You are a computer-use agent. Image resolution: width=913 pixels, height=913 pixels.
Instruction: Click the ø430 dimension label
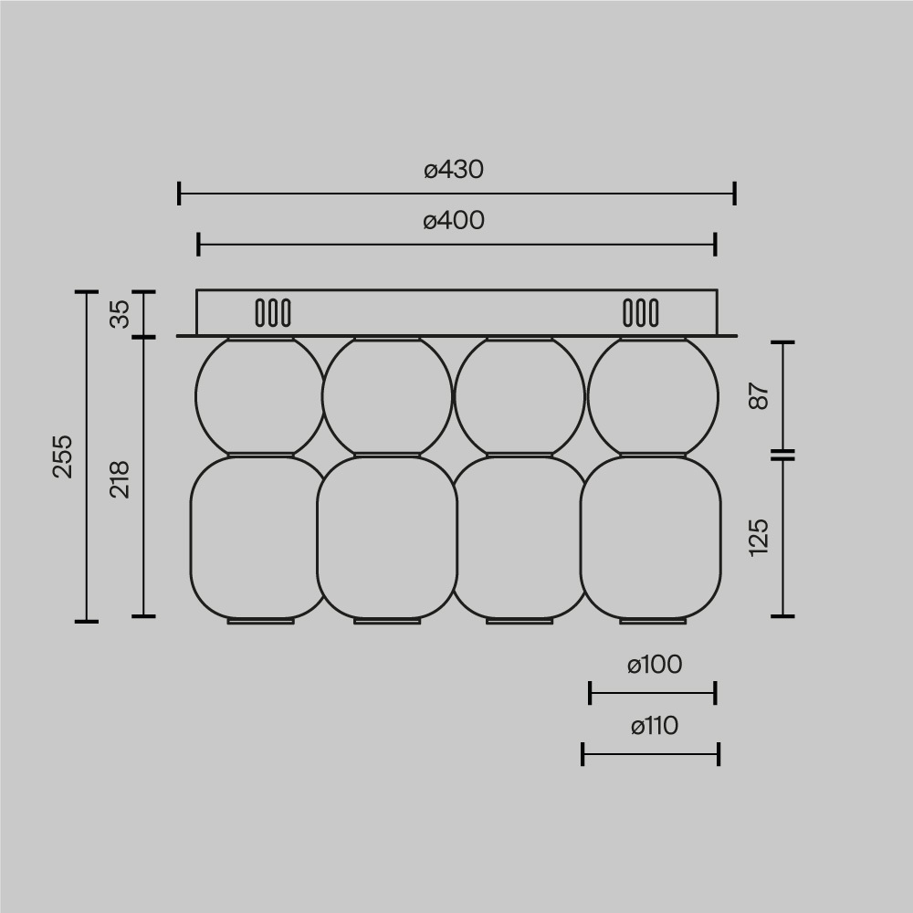click(454, 170)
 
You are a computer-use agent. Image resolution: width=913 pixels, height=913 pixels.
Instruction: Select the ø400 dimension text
click(454, 221)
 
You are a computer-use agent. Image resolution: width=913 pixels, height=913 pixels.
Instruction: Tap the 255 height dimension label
click(62, 456)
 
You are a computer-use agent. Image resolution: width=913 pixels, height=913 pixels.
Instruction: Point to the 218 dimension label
click(121, 478)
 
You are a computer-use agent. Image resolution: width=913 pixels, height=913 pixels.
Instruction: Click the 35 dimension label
click(121, 313)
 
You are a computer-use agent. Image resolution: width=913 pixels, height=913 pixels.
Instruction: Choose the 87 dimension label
click(760, 396)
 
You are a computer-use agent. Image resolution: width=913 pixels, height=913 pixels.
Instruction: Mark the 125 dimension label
click(760, 537)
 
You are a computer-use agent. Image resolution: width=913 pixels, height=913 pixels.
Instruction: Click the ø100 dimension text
click(655, 666)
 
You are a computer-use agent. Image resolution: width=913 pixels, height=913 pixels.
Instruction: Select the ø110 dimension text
click(655, 727)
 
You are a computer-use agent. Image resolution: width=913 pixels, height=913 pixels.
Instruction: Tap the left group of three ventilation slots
click(273, 313)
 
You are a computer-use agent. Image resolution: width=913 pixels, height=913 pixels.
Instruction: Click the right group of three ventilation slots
click(640, 313)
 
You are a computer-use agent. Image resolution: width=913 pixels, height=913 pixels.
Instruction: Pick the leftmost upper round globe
click(260, 396)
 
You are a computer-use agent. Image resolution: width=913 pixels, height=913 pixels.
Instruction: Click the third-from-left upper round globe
click(519, 396)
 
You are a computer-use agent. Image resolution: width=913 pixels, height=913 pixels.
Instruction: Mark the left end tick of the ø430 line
click(180, 194)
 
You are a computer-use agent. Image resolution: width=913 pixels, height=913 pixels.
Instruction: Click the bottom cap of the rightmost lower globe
click(653, 621)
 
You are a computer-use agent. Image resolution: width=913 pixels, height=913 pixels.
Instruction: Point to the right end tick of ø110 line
click(719, 754)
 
